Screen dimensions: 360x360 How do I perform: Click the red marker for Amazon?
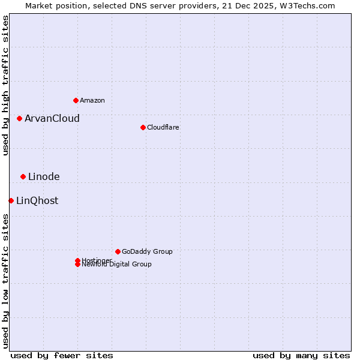76,100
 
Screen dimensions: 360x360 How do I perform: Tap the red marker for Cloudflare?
143,127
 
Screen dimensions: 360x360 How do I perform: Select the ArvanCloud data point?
19,118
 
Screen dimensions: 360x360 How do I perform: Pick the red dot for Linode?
23,176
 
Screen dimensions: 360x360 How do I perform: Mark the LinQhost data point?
11,200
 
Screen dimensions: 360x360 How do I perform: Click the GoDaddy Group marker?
118,251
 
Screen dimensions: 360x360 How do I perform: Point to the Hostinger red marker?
77,260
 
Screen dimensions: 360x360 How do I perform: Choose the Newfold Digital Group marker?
77,265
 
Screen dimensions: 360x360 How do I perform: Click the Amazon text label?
92,100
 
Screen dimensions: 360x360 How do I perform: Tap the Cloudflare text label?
163,127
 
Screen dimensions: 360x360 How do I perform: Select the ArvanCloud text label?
52,118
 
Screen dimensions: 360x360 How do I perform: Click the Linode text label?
44,176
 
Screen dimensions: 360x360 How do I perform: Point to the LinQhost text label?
37,200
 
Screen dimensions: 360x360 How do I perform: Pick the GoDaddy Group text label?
147,251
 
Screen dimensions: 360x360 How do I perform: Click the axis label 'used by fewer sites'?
62,355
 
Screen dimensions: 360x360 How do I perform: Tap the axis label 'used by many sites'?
301,355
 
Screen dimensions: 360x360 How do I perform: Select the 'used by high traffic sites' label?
5,86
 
